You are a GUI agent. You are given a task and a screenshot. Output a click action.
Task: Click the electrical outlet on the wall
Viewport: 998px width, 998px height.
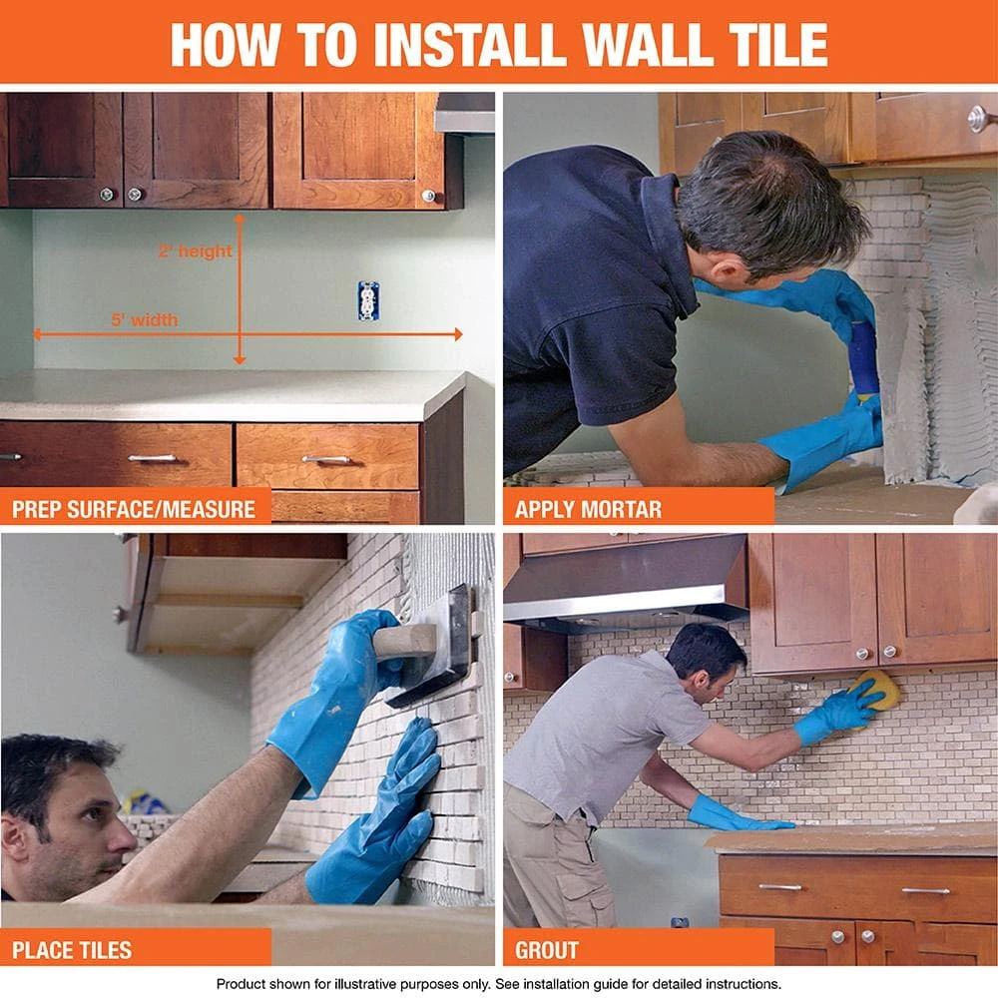pyautogui.click(x=368, y=300)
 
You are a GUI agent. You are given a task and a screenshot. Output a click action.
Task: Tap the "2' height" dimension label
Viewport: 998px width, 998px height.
pyautogui.click(x=195, y=251)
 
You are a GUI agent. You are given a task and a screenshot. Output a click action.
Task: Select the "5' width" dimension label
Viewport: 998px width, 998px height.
pyautogui.click(x=145, y=320)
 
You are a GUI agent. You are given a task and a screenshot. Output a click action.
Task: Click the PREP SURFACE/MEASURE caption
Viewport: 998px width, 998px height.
pyautogui.click(x=134, y=509)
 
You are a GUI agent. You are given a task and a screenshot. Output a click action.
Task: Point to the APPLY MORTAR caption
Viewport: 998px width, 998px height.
pyautogui.click(x=588, y=509)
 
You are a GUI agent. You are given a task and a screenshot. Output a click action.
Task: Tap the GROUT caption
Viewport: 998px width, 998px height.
pyautogui.click(x=547, y=949)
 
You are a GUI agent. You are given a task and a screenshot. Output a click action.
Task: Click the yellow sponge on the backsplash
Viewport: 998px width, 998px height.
pyautogui.click(x=876, y=690)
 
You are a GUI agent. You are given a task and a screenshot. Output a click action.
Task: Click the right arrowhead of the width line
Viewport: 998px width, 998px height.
pyautogui.click(x=457, y=334)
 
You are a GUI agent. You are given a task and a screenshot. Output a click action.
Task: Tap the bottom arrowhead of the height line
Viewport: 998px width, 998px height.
pyautogui.click(x=240, y=358)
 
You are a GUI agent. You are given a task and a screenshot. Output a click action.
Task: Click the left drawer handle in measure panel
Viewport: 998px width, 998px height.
pyautogui.click(x=153, y=458)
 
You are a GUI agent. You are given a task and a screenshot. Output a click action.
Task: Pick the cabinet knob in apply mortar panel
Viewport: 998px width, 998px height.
pyautogui.click(x=978, y=119)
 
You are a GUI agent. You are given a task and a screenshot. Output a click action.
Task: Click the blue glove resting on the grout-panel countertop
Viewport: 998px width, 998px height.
pyautogui.click(x=734, y=816)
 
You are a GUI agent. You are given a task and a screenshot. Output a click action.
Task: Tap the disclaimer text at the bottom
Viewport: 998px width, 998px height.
pyautogui.click(x=499, y=983)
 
